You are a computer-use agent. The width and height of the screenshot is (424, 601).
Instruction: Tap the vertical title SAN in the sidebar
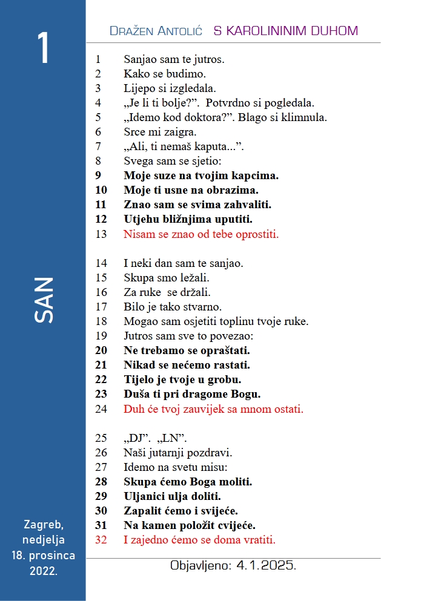[44, 300]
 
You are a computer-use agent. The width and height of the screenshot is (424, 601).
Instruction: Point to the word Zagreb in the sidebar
[43, 525]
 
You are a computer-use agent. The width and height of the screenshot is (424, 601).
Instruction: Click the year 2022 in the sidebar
[43, 570]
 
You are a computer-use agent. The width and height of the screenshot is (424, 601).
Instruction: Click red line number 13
[101, 234]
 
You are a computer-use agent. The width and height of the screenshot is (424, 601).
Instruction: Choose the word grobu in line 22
[224, 379]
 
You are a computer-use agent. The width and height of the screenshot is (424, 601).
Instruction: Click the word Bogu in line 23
[247, 394]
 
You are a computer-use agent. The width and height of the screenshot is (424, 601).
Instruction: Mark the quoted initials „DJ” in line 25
[136, 438]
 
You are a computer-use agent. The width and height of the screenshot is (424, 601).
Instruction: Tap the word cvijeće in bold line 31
[236, 525]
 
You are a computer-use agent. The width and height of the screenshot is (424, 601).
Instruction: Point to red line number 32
[101, 540]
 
